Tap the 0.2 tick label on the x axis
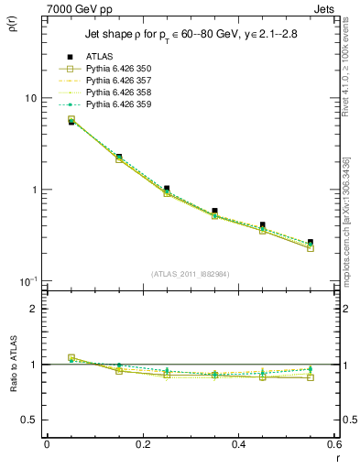[x=142, y=444]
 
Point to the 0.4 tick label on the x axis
[x=238, y=444]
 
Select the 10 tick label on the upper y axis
[x=29, y=98]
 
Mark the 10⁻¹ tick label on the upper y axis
[x=27, y=280]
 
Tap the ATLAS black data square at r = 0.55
[x=311, y=243]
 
